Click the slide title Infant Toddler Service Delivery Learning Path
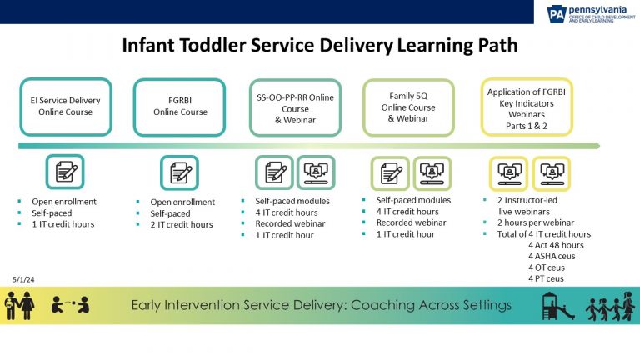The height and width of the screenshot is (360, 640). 320,46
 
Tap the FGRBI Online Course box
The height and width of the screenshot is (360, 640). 181,107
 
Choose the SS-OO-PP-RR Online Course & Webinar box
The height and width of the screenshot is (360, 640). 295,107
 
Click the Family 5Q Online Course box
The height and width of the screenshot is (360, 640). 409,107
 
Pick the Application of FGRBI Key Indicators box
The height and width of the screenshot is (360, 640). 526,107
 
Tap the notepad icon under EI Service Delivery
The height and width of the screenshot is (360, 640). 65,173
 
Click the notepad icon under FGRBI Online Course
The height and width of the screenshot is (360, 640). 180,173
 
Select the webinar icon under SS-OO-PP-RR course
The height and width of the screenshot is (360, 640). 317,173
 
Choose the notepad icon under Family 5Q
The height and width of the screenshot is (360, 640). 391,173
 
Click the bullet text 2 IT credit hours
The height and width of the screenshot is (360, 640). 181,224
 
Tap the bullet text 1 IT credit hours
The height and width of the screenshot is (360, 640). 62,223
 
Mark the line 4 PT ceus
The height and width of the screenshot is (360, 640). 546,278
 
